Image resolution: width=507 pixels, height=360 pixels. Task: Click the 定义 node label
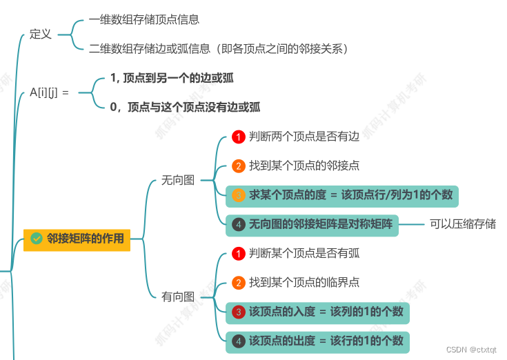[x=41, y=34]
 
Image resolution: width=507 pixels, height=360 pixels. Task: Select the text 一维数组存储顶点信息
[x=144, y=20]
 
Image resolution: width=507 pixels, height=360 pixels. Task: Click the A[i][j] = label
[x=49, y=91]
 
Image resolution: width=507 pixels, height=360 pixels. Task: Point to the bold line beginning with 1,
[x=172, y=78]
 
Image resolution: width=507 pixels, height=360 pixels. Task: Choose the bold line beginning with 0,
[x=185, y=107]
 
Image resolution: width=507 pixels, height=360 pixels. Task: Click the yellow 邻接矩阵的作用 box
[x=77, y=239]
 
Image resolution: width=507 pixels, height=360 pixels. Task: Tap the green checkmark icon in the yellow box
[x=37, y=239]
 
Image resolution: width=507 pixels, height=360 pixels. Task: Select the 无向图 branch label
[x=178, y=180]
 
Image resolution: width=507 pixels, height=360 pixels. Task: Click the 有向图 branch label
[x=178, y=297]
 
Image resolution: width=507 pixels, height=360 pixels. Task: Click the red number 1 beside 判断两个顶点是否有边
[x=238, y=137]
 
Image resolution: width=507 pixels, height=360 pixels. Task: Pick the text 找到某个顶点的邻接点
[x=304, y=166]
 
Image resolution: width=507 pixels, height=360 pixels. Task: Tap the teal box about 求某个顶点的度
[x=343, y=195]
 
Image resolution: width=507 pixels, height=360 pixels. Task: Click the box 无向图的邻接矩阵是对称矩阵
[x=312, y=224]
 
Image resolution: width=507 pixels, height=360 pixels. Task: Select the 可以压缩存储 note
[x=463, y=224]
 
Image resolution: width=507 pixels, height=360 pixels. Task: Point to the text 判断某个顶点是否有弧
[x=304, y=253]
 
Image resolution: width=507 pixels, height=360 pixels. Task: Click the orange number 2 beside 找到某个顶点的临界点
[x=238, y=282]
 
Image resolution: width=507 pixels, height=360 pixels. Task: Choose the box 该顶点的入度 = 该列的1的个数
[x=317, y=312]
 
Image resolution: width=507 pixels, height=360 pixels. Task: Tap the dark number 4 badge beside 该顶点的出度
[x=238, y=341]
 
